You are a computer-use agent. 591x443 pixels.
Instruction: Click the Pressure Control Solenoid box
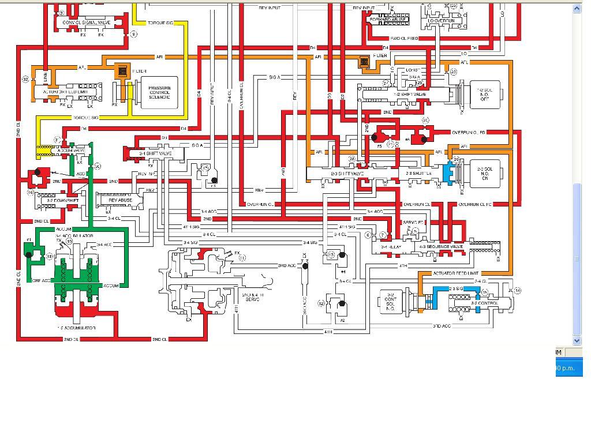(x=159, y=93)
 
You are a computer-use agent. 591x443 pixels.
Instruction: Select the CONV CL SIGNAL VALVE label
(x=87, y=22)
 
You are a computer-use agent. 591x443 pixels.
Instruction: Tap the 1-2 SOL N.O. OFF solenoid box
(x=485, y=94)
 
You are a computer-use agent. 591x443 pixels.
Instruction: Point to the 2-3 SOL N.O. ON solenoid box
(x=484, y=174)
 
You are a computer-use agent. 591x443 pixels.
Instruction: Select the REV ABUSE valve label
(x=120, y=200)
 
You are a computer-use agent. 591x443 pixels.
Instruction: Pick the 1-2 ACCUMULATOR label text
(x=76, y=328)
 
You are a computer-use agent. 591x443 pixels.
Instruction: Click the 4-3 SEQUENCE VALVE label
(x=441, y=246)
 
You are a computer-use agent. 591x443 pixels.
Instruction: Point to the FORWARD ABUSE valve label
(x=388, y=20)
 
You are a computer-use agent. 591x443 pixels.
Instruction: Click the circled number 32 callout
(x=25, y=79)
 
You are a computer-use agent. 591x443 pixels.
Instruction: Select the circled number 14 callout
(x=517, y=291)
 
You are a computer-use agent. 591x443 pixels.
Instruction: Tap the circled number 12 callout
(x=321, y=303)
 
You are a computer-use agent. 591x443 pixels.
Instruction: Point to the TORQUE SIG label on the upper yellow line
(x=160, y=23)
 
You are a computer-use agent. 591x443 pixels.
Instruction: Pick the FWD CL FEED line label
(x=404, y=39)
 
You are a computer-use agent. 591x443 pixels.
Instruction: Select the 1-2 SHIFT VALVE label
(x=410, y=94)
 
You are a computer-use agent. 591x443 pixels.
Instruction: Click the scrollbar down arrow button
(x=577, y=340)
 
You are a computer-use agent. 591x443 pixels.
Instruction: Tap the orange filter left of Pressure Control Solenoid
(x=122, y=72)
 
